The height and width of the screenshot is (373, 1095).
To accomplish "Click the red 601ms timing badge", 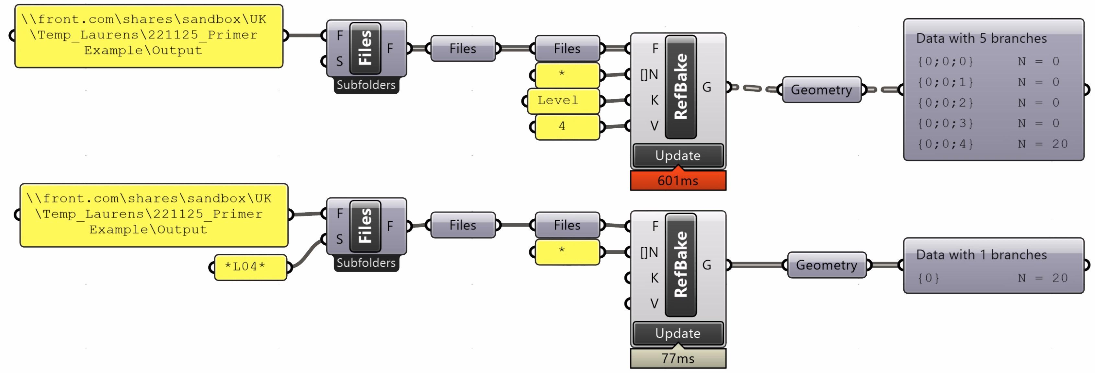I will coord(678,180).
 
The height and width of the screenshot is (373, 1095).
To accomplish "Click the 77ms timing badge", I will coord(678,358).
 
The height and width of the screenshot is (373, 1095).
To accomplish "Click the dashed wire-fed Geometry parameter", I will coord(821,90).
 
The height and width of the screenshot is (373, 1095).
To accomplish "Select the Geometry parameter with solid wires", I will coord(827,265).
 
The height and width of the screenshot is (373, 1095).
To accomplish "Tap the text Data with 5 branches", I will coord(981,38).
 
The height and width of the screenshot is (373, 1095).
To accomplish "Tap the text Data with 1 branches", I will coord(981,254).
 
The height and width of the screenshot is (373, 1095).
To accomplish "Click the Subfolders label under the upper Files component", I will coord(366,85).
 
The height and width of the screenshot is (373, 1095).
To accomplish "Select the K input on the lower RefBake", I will coord(654,278).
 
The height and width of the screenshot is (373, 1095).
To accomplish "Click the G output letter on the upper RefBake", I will coord(706,87).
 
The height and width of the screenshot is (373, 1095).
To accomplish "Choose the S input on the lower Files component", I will coord(339,239).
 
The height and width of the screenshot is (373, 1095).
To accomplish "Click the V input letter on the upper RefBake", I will coord(654,126).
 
